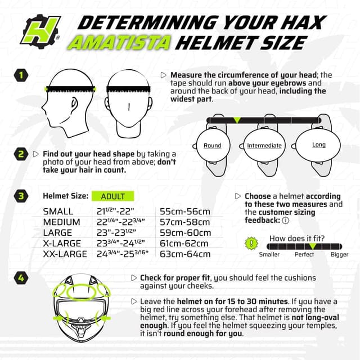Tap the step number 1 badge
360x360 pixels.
[21, 75]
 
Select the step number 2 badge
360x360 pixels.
[21, 154]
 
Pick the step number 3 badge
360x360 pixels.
[21, 196]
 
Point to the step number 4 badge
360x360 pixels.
[21, 277]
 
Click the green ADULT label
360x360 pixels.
[113, 196]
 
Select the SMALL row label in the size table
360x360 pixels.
[58, 211]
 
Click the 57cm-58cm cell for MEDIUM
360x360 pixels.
[185, 222]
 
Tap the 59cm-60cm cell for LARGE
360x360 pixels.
[185, 233]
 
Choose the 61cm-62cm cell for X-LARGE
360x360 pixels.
[185, 244]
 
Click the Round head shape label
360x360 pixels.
[213, 146]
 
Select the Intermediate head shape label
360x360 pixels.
[264, 146]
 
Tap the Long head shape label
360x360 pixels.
[319, 145]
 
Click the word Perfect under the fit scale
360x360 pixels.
[304, 254]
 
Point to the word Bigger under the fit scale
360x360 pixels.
[339, 254]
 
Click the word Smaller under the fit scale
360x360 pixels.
[269, 254]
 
